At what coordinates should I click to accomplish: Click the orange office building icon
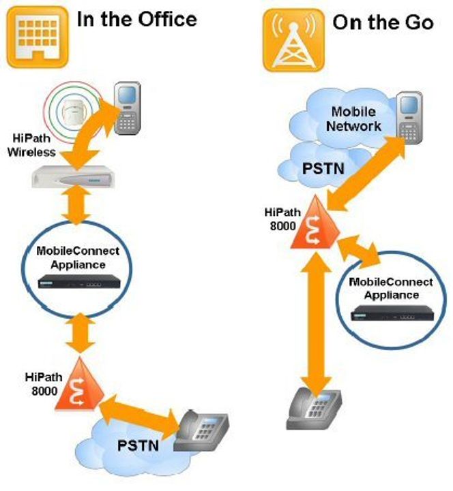tap(38, 37)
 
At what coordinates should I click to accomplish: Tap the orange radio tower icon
tap(293, 40)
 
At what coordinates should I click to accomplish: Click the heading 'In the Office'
tap(136, 19)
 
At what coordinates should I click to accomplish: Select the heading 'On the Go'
tap(383, 22)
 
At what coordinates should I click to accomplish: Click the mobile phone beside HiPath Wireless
tap(127, 108)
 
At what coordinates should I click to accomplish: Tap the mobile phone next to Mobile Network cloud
tap(409, 118)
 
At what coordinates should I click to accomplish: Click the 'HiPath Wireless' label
tap(31, 145)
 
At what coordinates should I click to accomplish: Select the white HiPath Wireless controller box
tap(72, 177)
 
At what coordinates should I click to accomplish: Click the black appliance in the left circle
tap(79, 281)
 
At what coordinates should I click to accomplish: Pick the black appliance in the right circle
tap(392, 313)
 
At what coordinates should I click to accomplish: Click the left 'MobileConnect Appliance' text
tap(78, 257)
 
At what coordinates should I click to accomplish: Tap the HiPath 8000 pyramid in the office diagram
tap(80, 384)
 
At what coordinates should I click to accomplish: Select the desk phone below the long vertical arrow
tap(314, 409)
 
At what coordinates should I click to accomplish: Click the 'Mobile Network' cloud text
tap(353, 119)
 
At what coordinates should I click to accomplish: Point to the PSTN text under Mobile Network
tap(323, 168)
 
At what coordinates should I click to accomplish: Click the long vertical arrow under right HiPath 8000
tap(317, 323)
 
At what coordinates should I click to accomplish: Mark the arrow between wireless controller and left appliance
tap(76, 204)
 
